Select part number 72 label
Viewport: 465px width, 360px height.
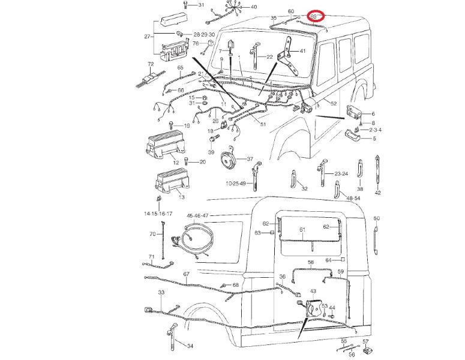pyautogui.click(x=151, y=63)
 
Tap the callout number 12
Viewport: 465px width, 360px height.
pyautogui.click(x=176, y=163)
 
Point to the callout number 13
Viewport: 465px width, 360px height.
pyautogui.click(x=182, y=197)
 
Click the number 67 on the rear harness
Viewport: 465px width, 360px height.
pyautogui.click(x=187, y=274)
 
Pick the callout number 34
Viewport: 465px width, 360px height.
pyautogui.click(x=190, y=346)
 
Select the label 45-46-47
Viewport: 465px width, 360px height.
pyautogui.click(x=197, y=215)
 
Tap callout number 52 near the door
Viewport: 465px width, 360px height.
pyautogui.click(x=334, y=104)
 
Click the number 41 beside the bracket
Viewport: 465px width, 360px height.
pyautogui.click(x=302, y=50)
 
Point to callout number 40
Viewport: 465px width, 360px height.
pyautogui.click(x=253, y=7)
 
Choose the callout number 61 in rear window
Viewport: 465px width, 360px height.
pyautogui.click(x=302, y=230)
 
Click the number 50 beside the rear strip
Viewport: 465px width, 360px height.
pyautogui.click(x=376, y=218)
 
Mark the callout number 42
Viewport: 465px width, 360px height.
pyautogui.click(x=377, y=193)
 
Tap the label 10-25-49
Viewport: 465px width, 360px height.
pyautogui.click(x=236, y=183)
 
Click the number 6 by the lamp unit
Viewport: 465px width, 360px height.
pyautogui.click(x=373, y=113)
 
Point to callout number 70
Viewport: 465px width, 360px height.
pyautogui.click(x=152, y=234)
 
